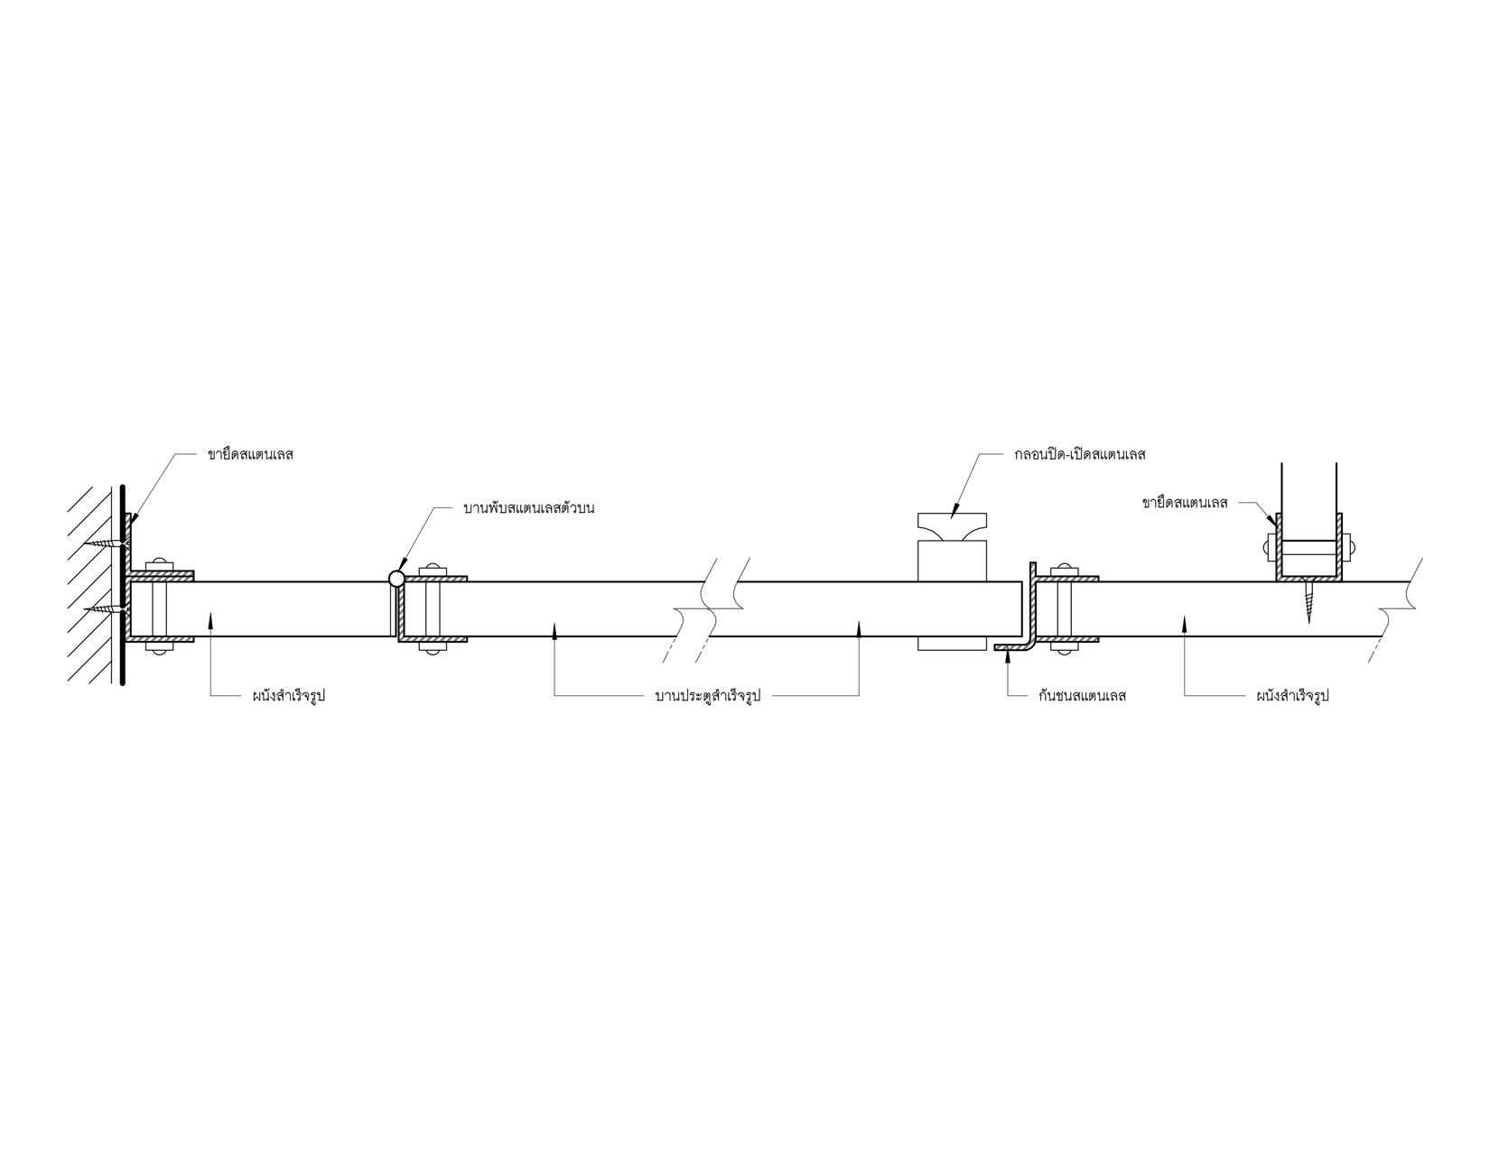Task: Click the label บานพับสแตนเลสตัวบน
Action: [x=528, y=508]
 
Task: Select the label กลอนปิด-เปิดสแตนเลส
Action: [x=1079, y=454]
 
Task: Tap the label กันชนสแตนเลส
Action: [x=1082, y=696]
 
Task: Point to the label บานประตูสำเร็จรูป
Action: [x=708, y=696]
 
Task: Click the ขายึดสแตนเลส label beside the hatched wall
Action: [x=250, y=454]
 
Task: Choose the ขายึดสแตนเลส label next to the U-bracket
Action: [x=1185, y=503]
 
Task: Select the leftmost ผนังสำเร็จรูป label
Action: [x=288, y=696]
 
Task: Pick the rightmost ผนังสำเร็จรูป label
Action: [x=1293, y=696]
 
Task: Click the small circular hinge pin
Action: [x=396, y=579]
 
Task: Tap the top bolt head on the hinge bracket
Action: [x=433, y=568]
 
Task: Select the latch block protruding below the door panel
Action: [x=953, y=644]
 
